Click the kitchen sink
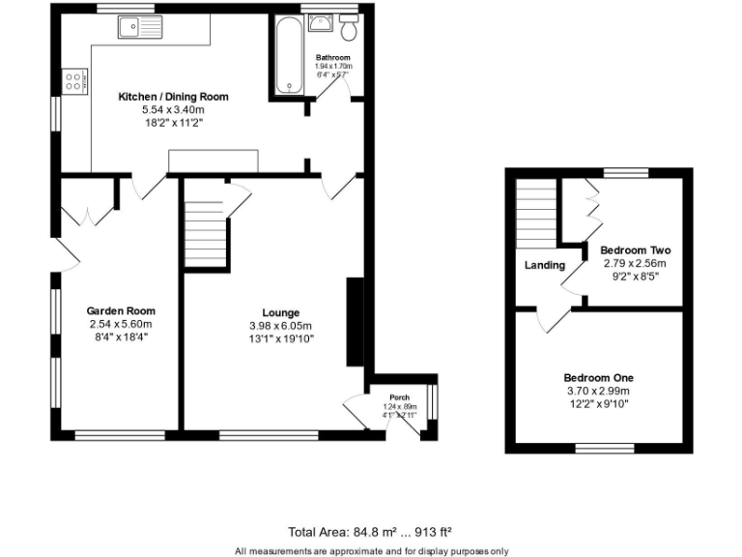tap(143, 28)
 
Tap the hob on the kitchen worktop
tap(74, 81)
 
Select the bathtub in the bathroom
tap(287, 55)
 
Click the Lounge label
tap(281, 312)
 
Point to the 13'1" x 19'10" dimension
tap(281, 338)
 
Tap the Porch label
tap(399, 398)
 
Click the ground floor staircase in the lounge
tap(204, 232)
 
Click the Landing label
tap(545, 265)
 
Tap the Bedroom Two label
tap(635, 249)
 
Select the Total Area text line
tap(371, 532)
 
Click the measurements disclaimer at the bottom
tap(371, 550)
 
